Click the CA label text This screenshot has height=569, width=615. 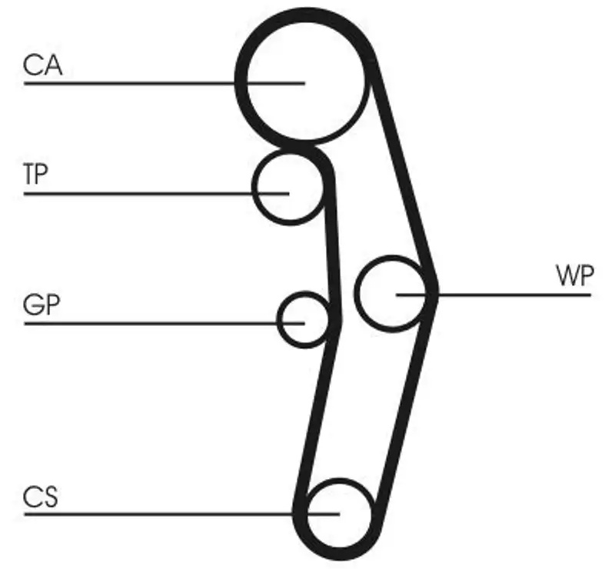(x=42, y=65)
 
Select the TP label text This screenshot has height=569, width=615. (x=35, y=175)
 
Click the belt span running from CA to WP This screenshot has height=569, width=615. (x=404, y=177)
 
